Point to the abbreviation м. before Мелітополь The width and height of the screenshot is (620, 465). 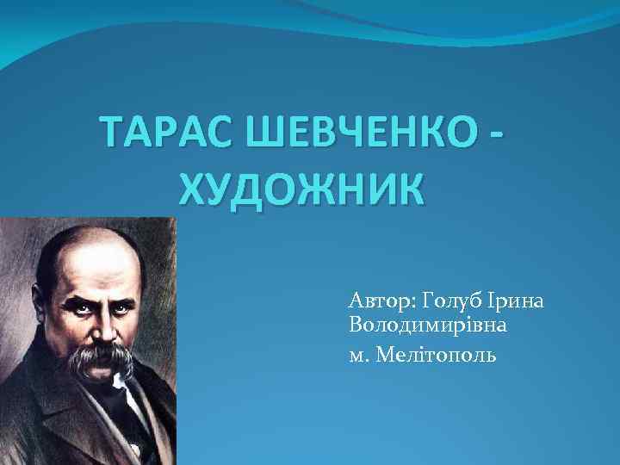point(358,356)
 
